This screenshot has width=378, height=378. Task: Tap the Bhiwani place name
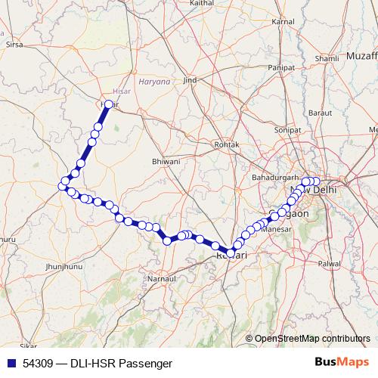166,161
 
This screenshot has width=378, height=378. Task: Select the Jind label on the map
190,79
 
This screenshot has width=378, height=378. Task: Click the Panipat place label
280,67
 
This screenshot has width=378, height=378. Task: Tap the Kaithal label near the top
203,4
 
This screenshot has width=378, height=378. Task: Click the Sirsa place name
14,45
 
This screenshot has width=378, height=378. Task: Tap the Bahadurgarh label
271,177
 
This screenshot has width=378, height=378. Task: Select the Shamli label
327,58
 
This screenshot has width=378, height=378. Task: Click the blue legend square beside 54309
11,364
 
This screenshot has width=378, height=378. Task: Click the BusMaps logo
342,363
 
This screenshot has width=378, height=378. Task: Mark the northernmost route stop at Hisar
109,105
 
